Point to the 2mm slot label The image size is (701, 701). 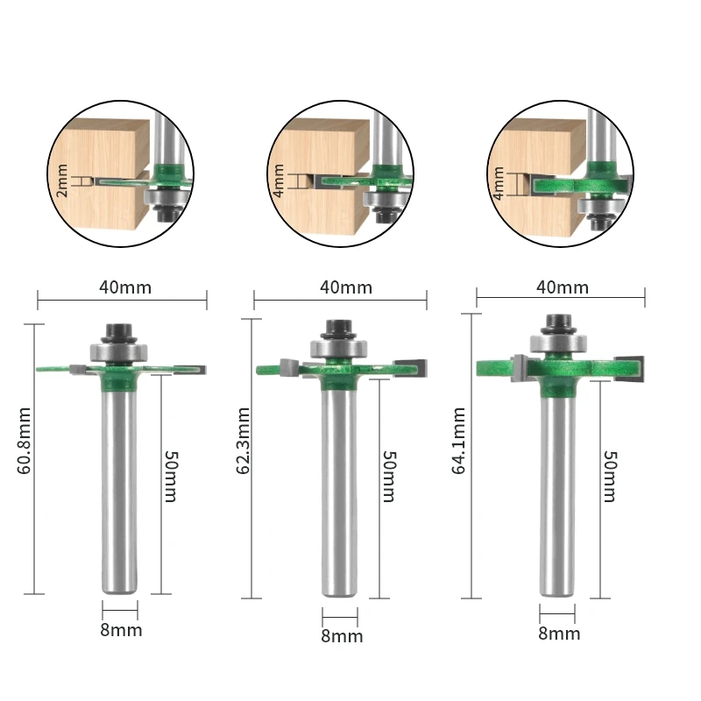point(62,181)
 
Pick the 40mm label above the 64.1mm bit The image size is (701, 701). point(561,287)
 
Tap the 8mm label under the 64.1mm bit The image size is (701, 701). point(559,633)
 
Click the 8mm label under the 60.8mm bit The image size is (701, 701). point(121,629)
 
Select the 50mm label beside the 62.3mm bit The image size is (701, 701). point(389,477)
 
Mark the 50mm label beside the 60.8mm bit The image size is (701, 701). point(171,477)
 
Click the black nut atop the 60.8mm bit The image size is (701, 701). point(119,332)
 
